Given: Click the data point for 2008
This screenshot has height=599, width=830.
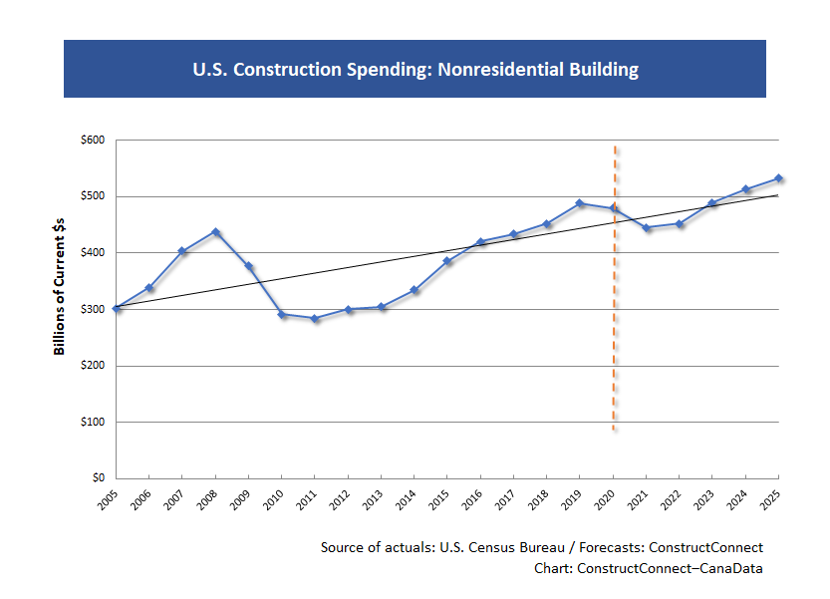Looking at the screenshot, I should click(215, 232).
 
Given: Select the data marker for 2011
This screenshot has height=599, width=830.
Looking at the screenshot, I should click(315, 319).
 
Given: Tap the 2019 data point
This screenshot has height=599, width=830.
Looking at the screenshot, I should click(580, 203).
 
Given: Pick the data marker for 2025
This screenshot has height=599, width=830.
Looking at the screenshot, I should click(778, 178).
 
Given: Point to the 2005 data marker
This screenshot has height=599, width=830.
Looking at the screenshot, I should click(117, 308).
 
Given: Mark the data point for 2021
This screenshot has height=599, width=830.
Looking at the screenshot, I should click(647, 228).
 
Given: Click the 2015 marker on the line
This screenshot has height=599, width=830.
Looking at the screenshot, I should click(447, 261).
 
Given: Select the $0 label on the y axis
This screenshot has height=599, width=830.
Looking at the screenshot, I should click(100, 478).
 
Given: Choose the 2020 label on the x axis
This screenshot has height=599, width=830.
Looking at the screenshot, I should click(606, 500).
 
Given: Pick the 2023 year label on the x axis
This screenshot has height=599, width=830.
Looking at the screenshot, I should click(705, 500).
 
